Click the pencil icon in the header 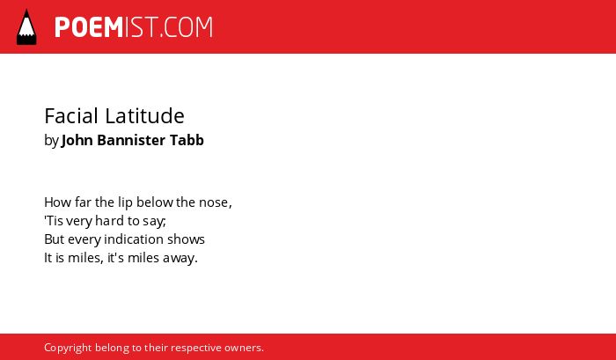pos(26,26)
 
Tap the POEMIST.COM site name pos(134,27)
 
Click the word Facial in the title pos(71,115)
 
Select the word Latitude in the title pos(144,115)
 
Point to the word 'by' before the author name pos(51,141)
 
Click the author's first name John pos(77,140)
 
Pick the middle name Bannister pos(131,140)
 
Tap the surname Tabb pos(187,140)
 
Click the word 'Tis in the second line pos(54,221)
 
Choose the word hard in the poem pos(105,220)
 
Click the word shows pos(187,239)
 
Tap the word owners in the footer pos(242,349)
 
